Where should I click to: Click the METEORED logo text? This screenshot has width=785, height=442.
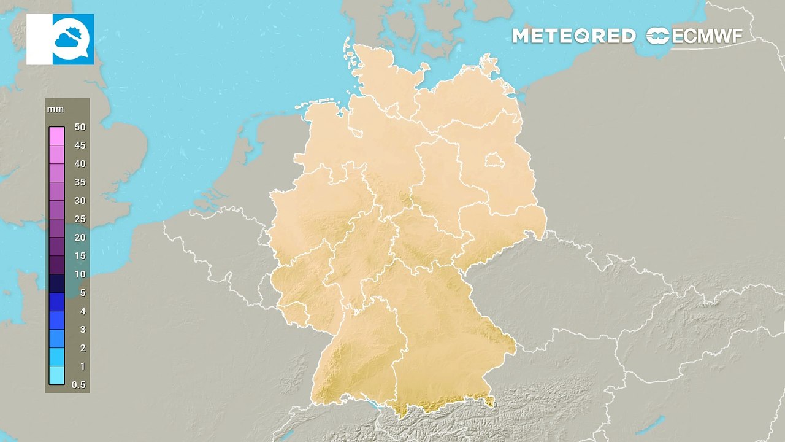tap(573, 36)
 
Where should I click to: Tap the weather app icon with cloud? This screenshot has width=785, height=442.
tap(72, 39)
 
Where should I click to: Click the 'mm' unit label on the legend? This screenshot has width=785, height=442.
tap(55, 109)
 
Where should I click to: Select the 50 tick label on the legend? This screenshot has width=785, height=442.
tap(80, 127)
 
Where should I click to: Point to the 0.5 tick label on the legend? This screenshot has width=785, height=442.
tap(78, 385)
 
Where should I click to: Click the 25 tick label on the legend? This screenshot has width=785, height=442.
tap(80, 219)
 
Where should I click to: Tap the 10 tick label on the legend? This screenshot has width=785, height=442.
tap(80, 274)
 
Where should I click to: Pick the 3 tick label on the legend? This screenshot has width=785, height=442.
tap(82, 330)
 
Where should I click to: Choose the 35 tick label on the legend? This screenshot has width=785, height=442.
tap(80, 182)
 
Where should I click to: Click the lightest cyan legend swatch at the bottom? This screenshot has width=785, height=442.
tap(56, 375)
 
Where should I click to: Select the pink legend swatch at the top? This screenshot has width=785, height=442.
tap(56, 136)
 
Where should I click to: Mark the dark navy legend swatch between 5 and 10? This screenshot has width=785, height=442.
tap(56, 283)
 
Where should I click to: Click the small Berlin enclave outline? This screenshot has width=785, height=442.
tap(492, 161)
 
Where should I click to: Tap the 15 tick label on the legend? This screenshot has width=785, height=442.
tap(80, 256)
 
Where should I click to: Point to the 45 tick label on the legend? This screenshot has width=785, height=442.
tap(80, 145)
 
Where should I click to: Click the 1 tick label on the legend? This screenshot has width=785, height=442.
tap(82, 366)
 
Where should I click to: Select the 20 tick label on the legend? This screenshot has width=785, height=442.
tap(80, 238)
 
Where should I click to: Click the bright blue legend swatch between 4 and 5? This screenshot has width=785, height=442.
tap(56, 301)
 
